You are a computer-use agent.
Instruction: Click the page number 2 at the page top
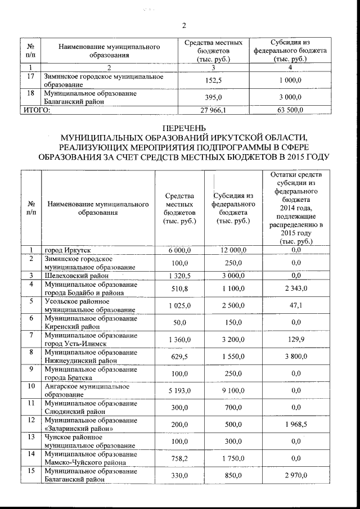click(184, 25)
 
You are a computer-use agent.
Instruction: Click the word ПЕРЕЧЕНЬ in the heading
click(184, 128)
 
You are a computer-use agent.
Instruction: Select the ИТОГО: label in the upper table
click(35, 110)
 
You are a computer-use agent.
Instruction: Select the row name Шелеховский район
click(77, 276)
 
